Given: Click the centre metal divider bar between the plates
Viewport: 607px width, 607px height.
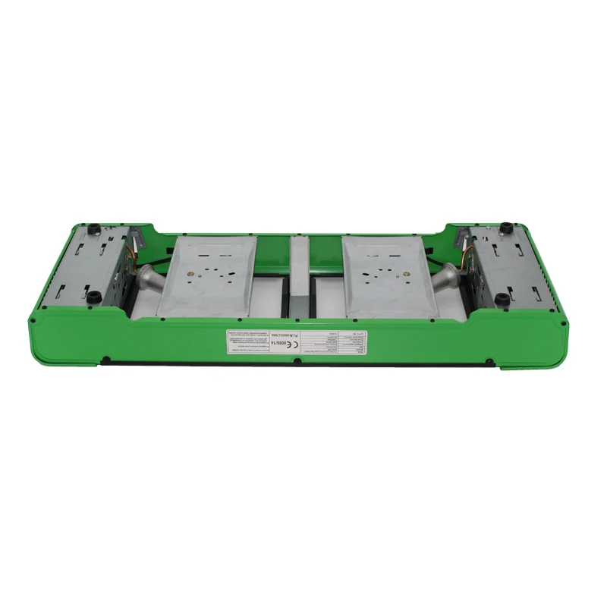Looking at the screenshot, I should point(299,277).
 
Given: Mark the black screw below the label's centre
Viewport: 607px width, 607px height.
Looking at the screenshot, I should point(297,373).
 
